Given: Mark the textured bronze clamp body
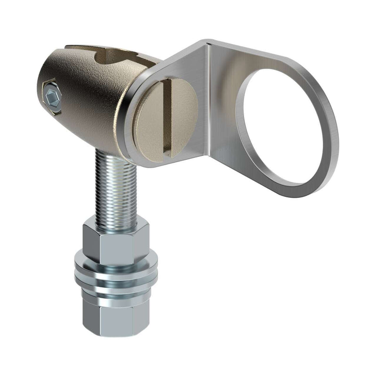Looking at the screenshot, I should pyautogui.click(x=90, y=108).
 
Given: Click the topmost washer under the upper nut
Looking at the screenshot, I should pyautogui.click(x=115, y=264).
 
